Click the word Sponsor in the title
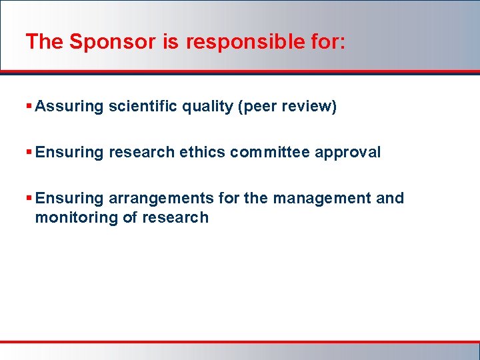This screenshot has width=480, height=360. pos(112,42)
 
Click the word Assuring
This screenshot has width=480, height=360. pos(69,107)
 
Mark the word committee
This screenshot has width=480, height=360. pos(270,153)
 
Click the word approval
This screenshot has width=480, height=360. pos(347,153)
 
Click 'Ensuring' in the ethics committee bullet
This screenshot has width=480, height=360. pos(69,153)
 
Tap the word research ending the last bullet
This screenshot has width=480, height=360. pos(175,218)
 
